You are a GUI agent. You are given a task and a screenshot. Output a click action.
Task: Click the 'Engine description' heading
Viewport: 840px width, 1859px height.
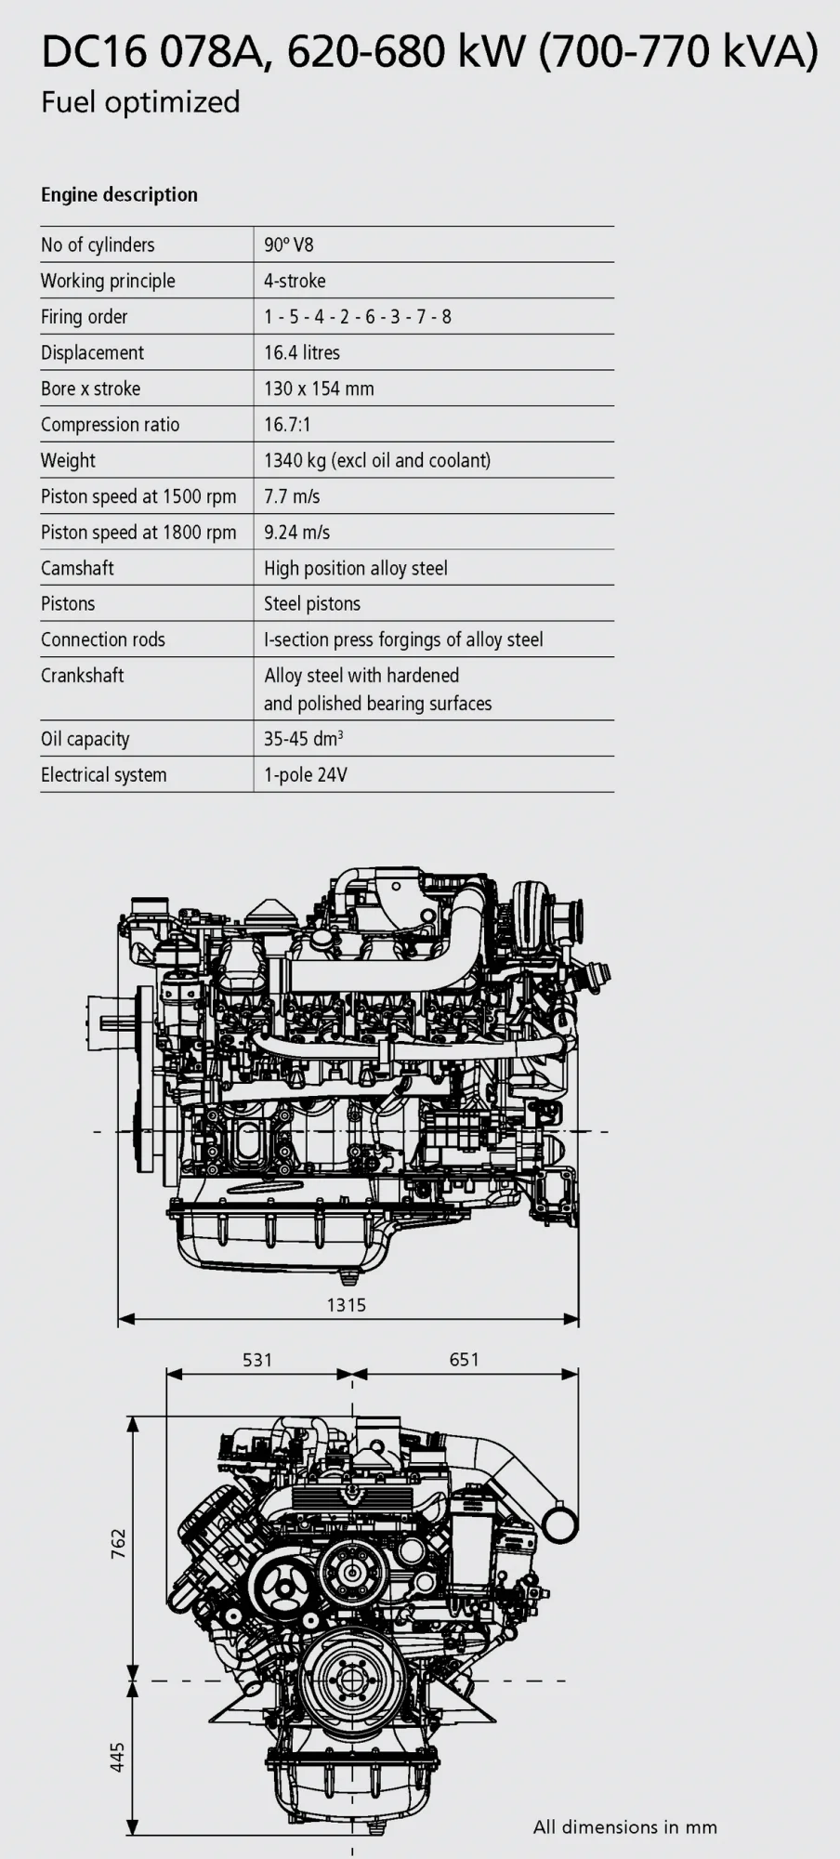pos(119,194)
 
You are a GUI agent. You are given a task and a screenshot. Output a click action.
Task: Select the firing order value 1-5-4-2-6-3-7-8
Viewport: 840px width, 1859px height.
pos(358,317)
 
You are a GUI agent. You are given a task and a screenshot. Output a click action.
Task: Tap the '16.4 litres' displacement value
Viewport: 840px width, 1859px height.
pos(302,353)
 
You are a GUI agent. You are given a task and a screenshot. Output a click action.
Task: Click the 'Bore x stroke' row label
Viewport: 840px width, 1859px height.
pos(90,389)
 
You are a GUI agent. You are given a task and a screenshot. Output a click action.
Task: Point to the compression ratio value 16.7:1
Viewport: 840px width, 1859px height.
pos(287,425)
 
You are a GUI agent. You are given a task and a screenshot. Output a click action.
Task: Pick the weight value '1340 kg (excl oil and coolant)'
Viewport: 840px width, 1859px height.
pos(377,460)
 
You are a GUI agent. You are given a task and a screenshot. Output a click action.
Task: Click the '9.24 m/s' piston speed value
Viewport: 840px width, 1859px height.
pos(297,533)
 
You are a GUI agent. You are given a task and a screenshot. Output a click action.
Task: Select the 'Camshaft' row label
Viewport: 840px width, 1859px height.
pos(77,568)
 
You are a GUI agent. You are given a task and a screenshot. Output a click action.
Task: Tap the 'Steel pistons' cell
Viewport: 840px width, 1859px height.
pos(312,604)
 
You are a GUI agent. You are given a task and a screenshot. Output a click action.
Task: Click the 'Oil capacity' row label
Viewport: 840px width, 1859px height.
pos(85,739)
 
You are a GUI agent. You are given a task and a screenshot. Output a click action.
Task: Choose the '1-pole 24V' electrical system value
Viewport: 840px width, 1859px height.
pos(306,775)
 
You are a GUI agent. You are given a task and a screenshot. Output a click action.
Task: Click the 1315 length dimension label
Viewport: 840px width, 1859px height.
pos(346,1305)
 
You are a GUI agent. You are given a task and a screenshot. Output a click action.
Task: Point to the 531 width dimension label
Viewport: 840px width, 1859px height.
pos(257,1360)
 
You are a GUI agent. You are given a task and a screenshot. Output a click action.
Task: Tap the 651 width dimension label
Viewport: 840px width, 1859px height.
pos(464,1359)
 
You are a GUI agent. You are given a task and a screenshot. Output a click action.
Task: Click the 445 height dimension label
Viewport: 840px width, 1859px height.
pos(118,1756)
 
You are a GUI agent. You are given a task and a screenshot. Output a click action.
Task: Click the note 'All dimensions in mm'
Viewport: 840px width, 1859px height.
pos(624,1827)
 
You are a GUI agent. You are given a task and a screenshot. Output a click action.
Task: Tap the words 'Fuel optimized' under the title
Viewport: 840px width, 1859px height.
pos(140,101)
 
